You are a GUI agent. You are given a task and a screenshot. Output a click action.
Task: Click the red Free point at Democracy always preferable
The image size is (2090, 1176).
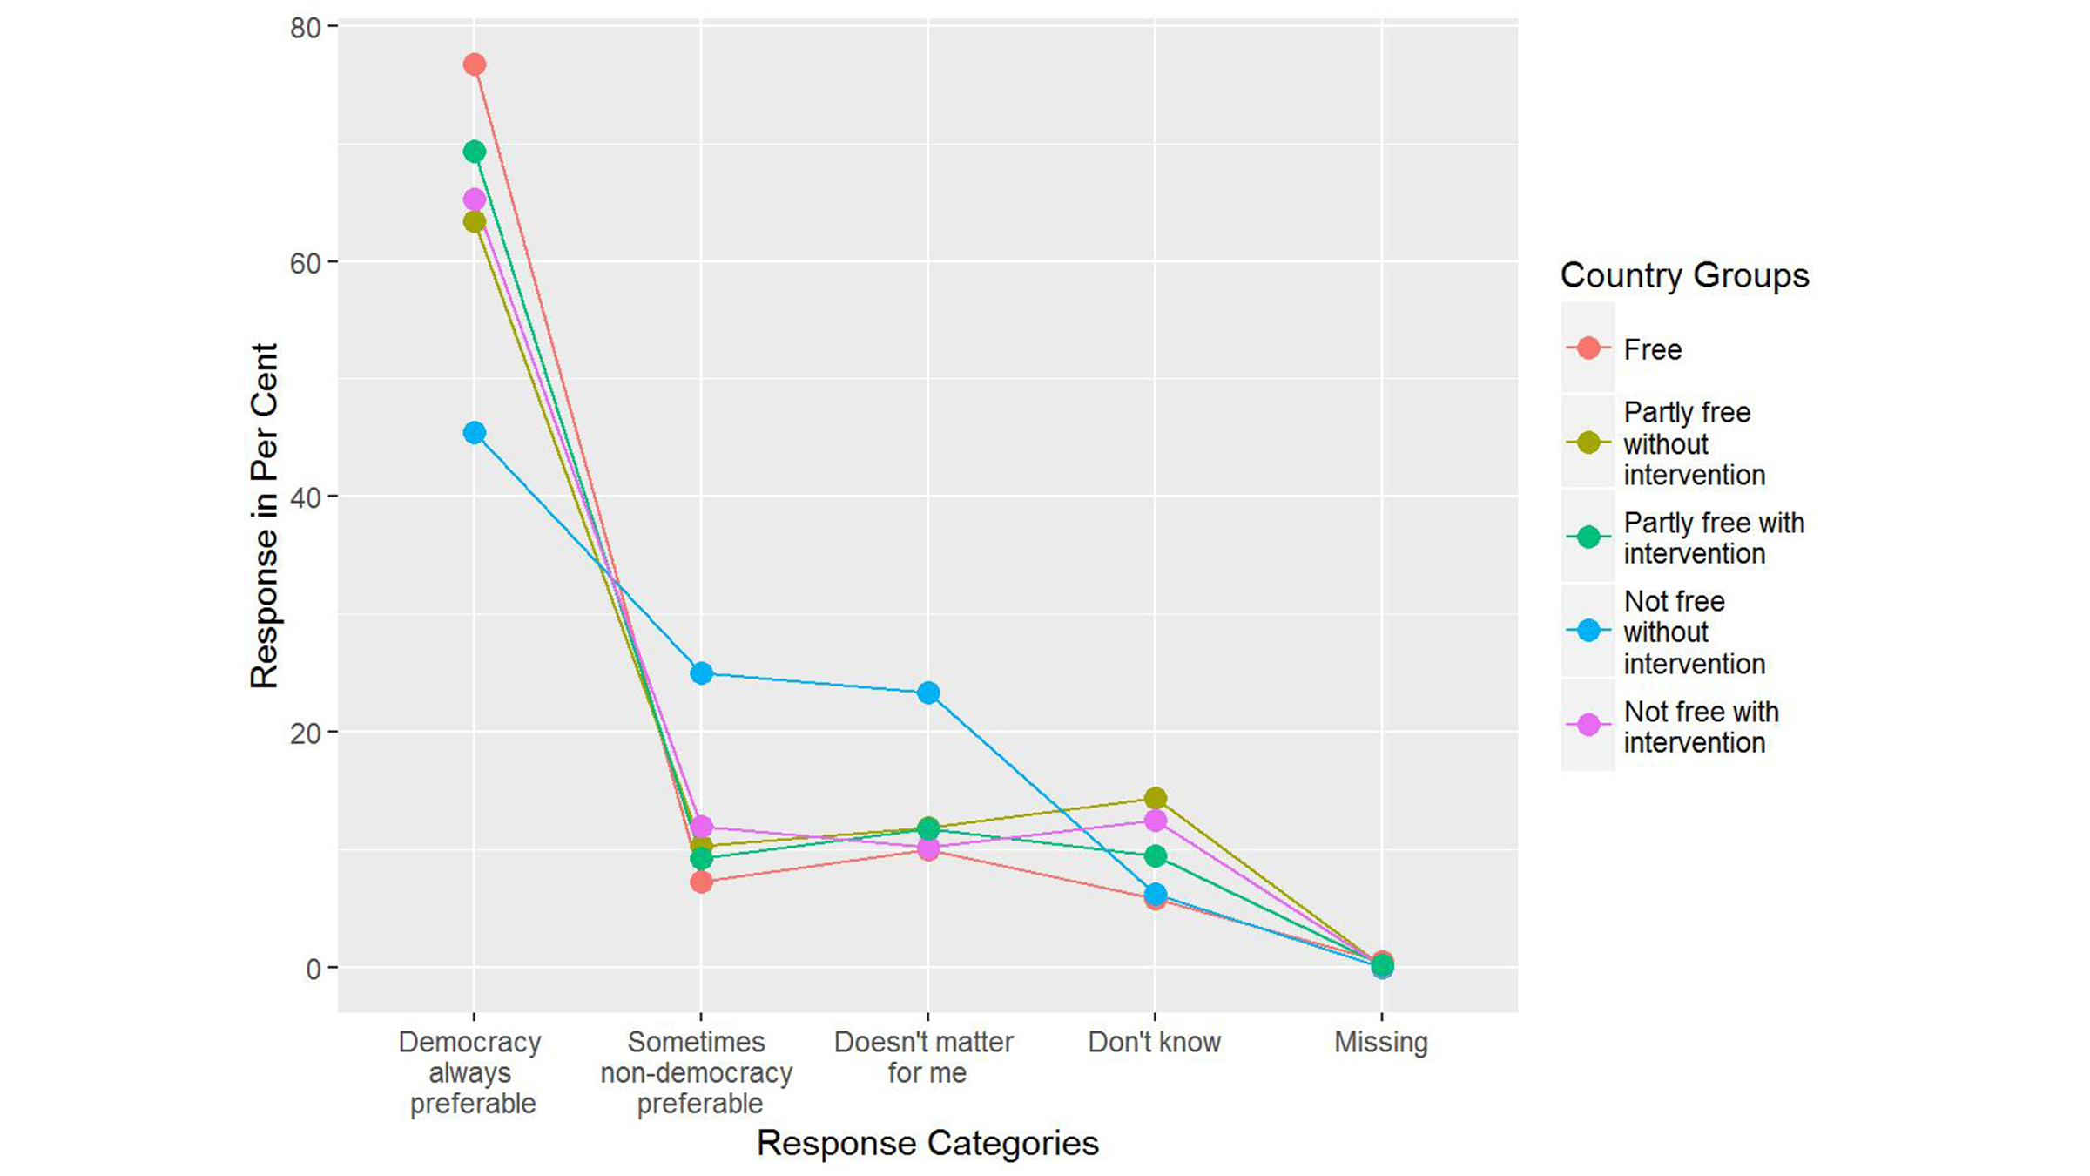[x=474, y=64]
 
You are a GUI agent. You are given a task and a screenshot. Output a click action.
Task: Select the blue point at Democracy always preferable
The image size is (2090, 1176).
[x=474, y=433]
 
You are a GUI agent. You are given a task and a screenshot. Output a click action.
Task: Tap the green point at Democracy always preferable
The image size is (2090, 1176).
[x=474, y=152]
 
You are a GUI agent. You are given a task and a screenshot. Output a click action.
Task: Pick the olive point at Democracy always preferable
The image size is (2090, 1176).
[x=474, y=222]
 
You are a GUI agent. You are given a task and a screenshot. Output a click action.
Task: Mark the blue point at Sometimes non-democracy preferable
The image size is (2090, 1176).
[x=701, y=673]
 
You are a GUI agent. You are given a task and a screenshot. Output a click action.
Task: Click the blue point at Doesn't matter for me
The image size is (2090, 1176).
[x=928, y=693]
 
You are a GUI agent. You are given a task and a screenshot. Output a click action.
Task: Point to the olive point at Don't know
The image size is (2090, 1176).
[x=1155, y=798]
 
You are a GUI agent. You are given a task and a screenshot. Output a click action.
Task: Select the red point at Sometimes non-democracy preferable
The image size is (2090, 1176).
[x=701, y=882]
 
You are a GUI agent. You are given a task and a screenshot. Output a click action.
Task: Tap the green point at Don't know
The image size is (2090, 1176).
[x=1155, y=856]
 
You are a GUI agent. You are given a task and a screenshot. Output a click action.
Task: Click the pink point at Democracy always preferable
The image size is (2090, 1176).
[x=474, y=200]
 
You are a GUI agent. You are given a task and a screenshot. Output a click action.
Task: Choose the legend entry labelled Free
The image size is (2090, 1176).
[x=1652, y=349]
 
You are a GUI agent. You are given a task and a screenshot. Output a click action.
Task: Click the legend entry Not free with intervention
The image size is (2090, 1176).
[x=1700, y=727]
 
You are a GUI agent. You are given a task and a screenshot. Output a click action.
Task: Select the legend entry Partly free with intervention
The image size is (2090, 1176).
[x=1713, y=537]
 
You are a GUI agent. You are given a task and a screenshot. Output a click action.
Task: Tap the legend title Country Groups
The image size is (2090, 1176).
[x=1683, y=275]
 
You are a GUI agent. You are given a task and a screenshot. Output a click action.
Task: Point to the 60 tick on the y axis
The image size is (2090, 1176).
[x=306, y=262]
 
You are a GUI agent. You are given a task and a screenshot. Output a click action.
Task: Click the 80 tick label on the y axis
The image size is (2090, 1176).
[x=306, y=28]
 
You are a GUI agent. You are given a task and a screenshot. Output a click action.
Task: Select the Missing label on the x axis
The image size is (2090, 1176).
[x=1381, y=1042]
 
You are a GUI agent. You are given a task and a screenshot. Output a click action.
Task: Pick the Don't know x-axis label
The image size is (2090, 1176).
[x=1154, y=1042]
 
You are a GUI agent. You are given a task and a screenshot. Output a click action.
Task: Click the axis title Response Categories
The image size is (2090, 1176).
[x=927, y=1143]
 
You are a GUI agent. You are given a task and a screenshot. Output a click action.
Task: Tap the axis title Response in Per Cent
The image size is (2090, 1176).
[x=264, y=516]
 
